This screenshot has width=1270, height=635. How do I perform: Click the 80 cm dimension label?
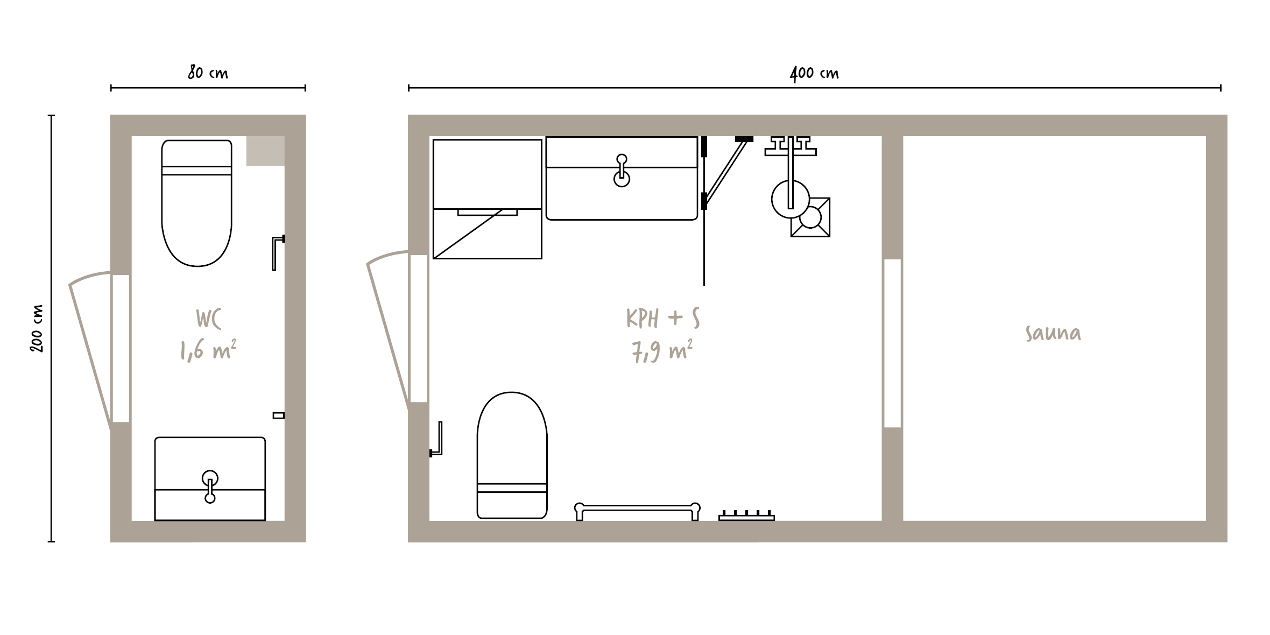(208, 72)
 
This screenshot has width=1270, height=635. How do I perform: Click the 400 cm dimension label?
(814, 73)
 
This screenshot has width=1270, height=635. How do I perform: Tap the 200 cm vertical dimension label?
(37, 328)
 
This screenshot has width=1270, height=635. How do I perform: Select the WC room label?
(208, 318)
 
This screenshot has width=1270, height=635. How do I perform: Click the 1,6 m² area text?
(208, 350)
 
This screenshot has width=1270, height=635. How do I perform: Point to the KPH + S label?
(663, 318)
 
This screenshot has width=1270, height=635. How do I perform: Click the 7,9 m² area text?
(662, 351)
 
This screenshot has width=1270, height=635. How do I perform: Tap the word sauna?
(1053, 333)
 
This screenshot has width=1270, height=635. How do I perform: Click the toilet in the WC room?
(197, 203)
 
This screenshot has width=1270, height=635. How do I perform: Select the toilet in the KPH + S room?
(512, 455)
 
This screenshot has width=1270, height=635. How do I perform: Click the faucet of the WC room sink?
(210, 486)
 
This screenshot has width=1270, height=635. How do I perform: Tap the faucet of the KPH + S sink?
(622, 171)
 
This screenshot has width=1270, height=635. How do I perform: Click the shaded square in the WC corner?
(265, 151)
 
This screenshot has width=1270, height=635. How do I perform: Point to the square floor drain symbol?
(810, 217)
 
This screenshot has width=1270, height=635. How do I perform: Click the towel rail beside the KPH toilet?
(637, 511)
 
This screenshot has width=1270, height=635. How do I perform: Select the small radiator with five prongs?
(746, 516)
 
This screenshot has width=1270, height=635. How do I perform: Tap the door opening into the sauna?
(892, 343)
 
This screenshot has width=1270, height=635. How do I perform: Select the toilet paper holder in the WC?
(277, 253)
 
